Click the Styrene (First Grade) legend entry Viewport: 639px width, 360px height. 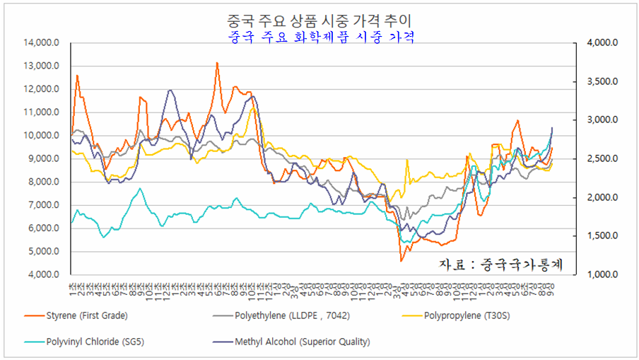(x=87, y=315)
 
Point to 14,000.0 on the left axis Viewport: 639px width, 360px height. (x=44, y=43)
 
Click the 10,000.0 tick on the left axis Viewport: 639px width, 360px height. (x=44, y=136)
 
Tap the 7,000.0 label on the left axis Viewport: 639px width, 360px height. (x=46, y=205)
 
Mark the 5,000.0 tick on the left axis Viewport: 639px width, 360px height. (x=46, y=252)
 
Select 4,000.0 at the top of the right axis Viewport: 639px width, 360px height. (x=603, y=43)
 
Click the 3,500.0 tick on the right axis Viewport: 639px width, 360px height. (x=603, y=82)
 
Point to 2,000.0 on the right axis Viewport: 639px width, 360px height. (x=603, y=197)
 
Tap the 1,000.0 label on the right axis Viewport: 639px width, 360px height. (x=603, y=274)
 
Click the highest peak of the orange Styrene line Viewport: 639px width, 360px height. (x=217, y=63)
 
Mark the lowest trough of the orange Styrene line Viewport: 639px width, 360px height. (x=401, y=261)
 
